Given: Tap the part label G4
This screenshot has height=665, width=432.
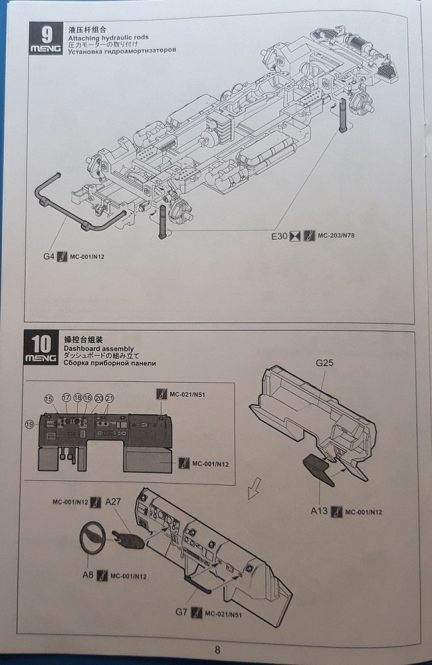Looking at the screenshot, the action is point(47,256).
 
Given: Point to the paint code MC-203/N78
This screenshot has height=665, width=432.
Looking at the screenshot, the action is point(340,235).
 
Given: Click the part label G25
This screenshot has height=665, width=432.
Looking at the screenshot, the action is point(325,362).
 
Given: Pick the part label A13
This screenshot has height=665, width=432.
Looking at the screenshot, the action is point(319,511).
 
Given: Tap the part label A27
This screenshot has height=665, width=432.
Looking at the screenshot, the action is point(113,502).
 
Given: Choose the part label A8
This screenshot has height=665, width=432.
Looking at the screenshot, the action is point(86,575).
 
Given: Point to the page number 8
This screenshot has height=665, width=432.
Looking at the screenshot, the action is point(217,650).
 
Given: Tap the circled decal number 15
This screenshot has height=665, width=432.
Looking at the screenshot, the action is point(49,399).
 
